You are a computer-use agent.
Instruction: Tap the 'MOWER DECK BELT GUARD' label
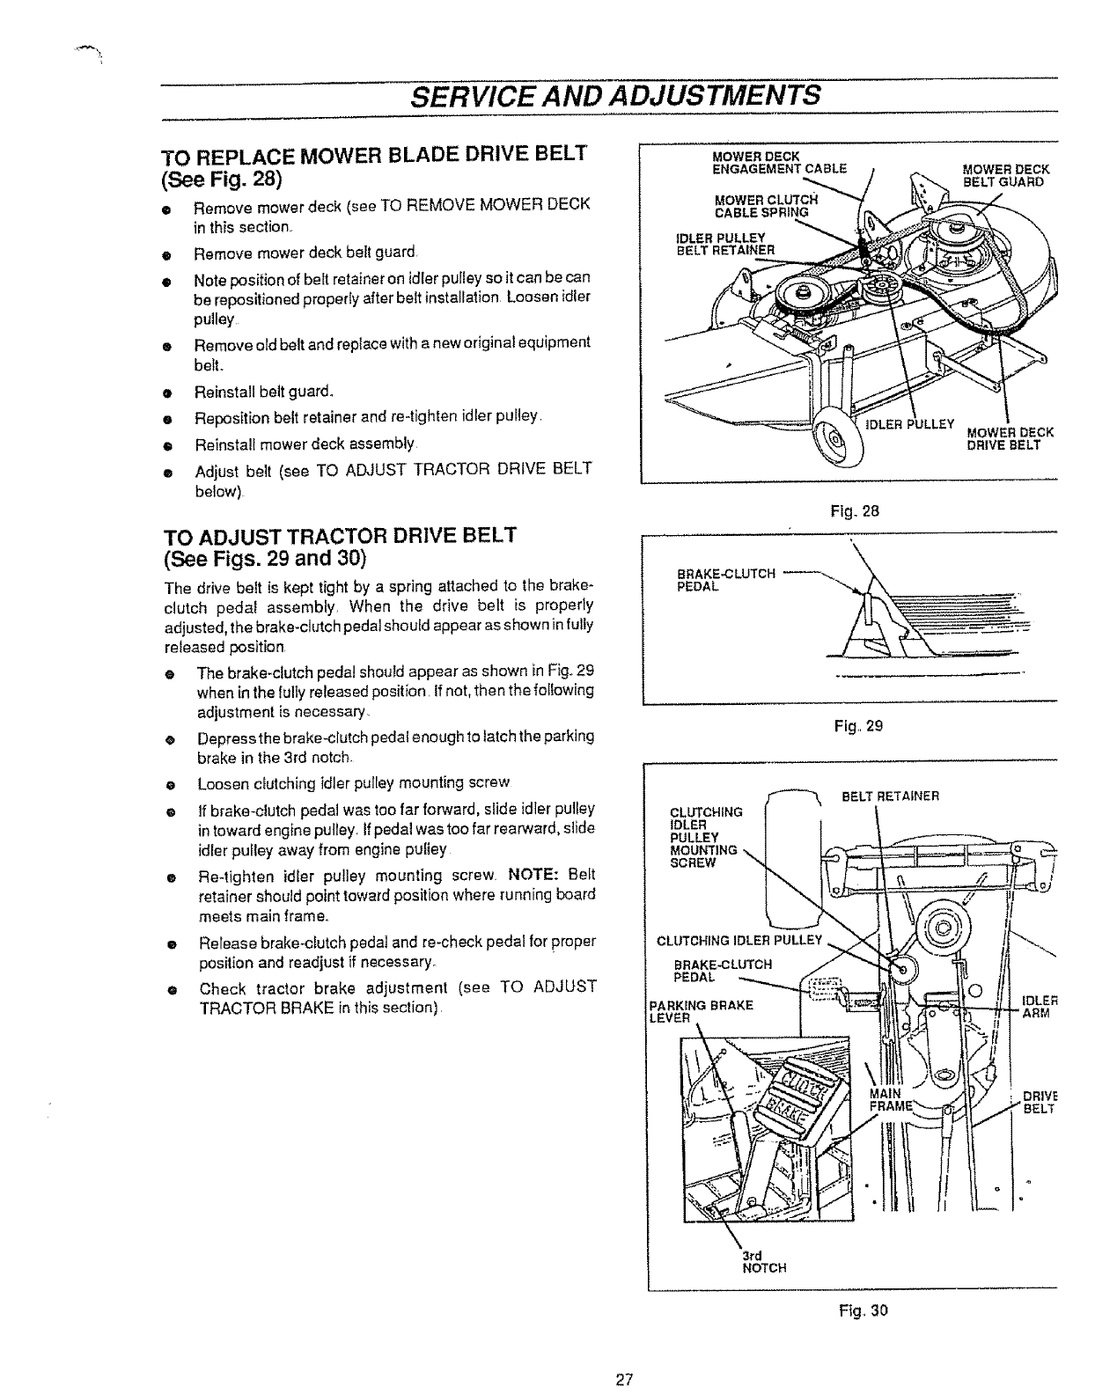[1003, 176]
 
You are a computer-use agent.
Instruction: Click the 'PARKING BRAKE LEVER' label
[700, 1011]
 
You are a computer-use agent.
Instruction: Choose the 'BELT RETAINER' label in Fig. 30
[890, 796]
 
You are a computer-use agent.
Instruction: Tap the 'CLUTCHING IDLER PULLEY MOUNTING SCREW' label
[705, 836]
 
